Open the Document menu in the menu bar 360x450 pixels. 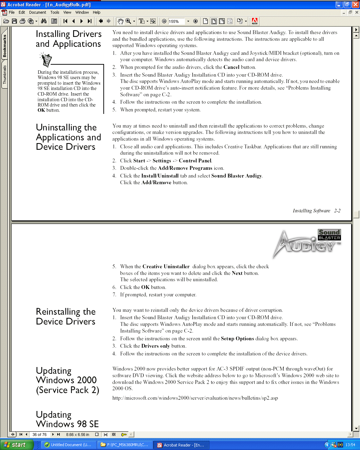38,12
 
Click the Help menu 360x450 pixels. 96,12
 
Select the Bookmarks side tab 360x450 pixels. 5,46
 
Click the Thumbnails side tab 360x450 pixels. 5,74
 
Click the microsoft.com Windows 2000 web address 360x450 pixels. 195,398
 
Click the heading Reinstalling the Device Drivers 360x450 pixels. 66,316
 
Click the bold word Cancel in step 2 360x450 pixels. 231,67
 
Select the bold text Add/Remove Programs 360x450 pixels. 185,168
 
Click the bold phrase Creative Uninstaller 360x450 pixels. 166,266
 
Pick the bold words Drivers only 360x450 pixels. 155,346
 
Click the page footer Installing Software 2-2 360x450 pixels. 316,211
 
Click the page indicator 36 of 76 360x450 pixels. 39,435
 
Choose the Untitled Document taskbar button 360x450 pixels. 67,445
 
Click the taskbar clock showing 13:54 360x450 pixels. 350,445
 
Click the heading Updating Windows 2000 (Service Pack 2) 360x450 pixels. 67,380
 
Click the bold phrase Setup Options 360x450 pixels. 237,339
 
